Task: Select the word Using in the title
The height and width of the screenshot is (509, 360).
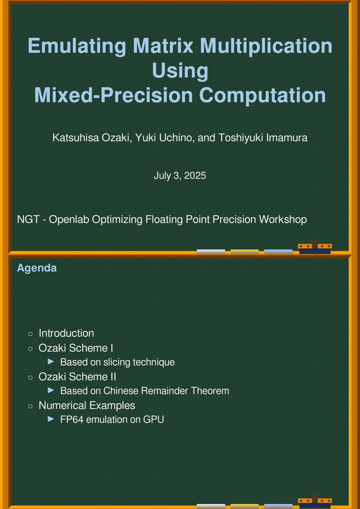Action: coord(180,70)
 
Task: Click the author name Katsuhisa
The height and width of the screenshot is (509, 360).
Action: coord(72,138)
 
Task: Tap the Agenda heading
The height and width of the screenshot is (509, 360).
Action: coord(36,268)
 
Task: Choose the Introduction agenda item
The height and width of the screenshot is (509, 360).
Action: coord(66,333)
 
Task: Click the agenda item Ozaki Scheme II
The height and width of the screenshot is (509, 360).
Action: coord(77,376)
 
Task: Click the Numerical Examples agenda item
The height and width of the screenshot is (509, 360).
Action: coord(87,405)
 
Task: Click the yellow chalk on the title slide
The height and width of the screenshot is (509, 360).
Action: coord(244,252)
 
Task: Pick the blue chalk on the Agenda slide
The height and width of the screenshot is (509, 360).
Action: coord(278,506)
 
